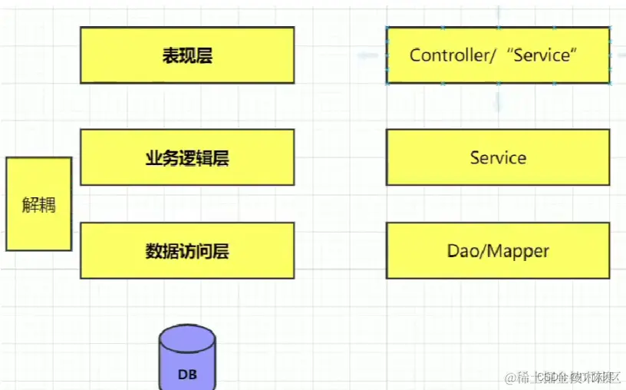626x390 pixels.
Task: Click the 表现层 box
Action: [x=187, y=55]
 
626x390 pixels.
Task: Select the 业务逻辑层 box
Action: [x=187, y=157]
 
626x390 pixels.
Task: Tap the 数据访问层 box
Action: [x=187, y=250]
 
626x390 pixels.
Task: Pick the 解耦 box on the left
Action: [x=39, y=204]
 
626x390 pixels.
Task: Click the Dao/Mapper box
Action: [x=498, y=250]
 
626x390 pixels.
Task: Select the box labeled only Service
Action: [x=498, y=157]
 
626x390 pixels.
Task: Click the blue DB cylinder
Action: [x=187, y=361]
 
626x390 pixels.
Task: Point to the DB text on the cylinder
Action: [x=187, y=375]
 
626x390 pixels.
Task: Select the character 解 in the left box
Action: [x=30, y=205]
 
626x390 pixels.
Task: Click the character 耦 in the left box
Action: [x=48, y=205]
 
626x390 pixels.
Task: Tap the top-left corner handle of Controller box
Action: [x=387, y=28]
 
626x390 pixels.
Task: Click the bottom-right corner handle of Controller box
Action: [x=610, y=83]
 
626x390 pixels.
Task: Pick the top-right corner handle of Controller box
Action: [x=610, y=28]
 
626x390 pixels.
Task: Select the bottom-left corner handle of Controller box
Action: [x=387, y=83]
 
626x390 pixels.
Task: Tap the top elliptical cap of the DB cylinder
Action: [x=187, y=336]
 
